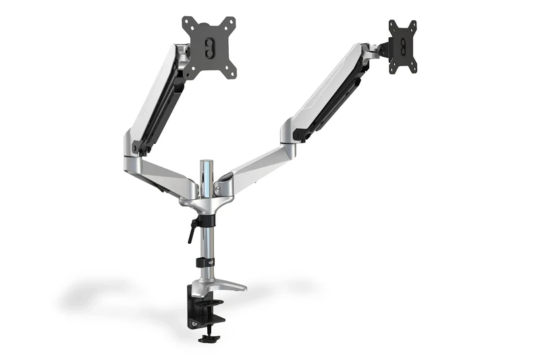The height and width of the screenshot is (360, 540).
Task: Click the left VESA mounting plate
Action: (x=209, y=45)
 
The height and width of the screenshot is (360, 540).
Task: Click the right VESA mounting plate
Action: (x=402, y=46)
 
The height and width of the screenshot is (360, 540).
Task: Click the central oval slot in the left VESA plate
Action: (x=209, y=47)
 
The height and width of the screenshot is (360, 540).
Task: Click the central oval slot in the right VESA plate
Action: (x=403, y=47)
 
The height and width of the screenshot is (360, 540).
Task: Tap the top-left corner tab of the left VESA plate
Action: (x=188, y=22)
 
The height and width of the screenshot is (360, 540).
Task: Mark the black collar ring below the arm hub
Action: (x=206, y=220)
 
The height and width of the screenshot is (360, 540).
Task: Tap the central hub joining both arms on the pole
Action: (x=207, y=196)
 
